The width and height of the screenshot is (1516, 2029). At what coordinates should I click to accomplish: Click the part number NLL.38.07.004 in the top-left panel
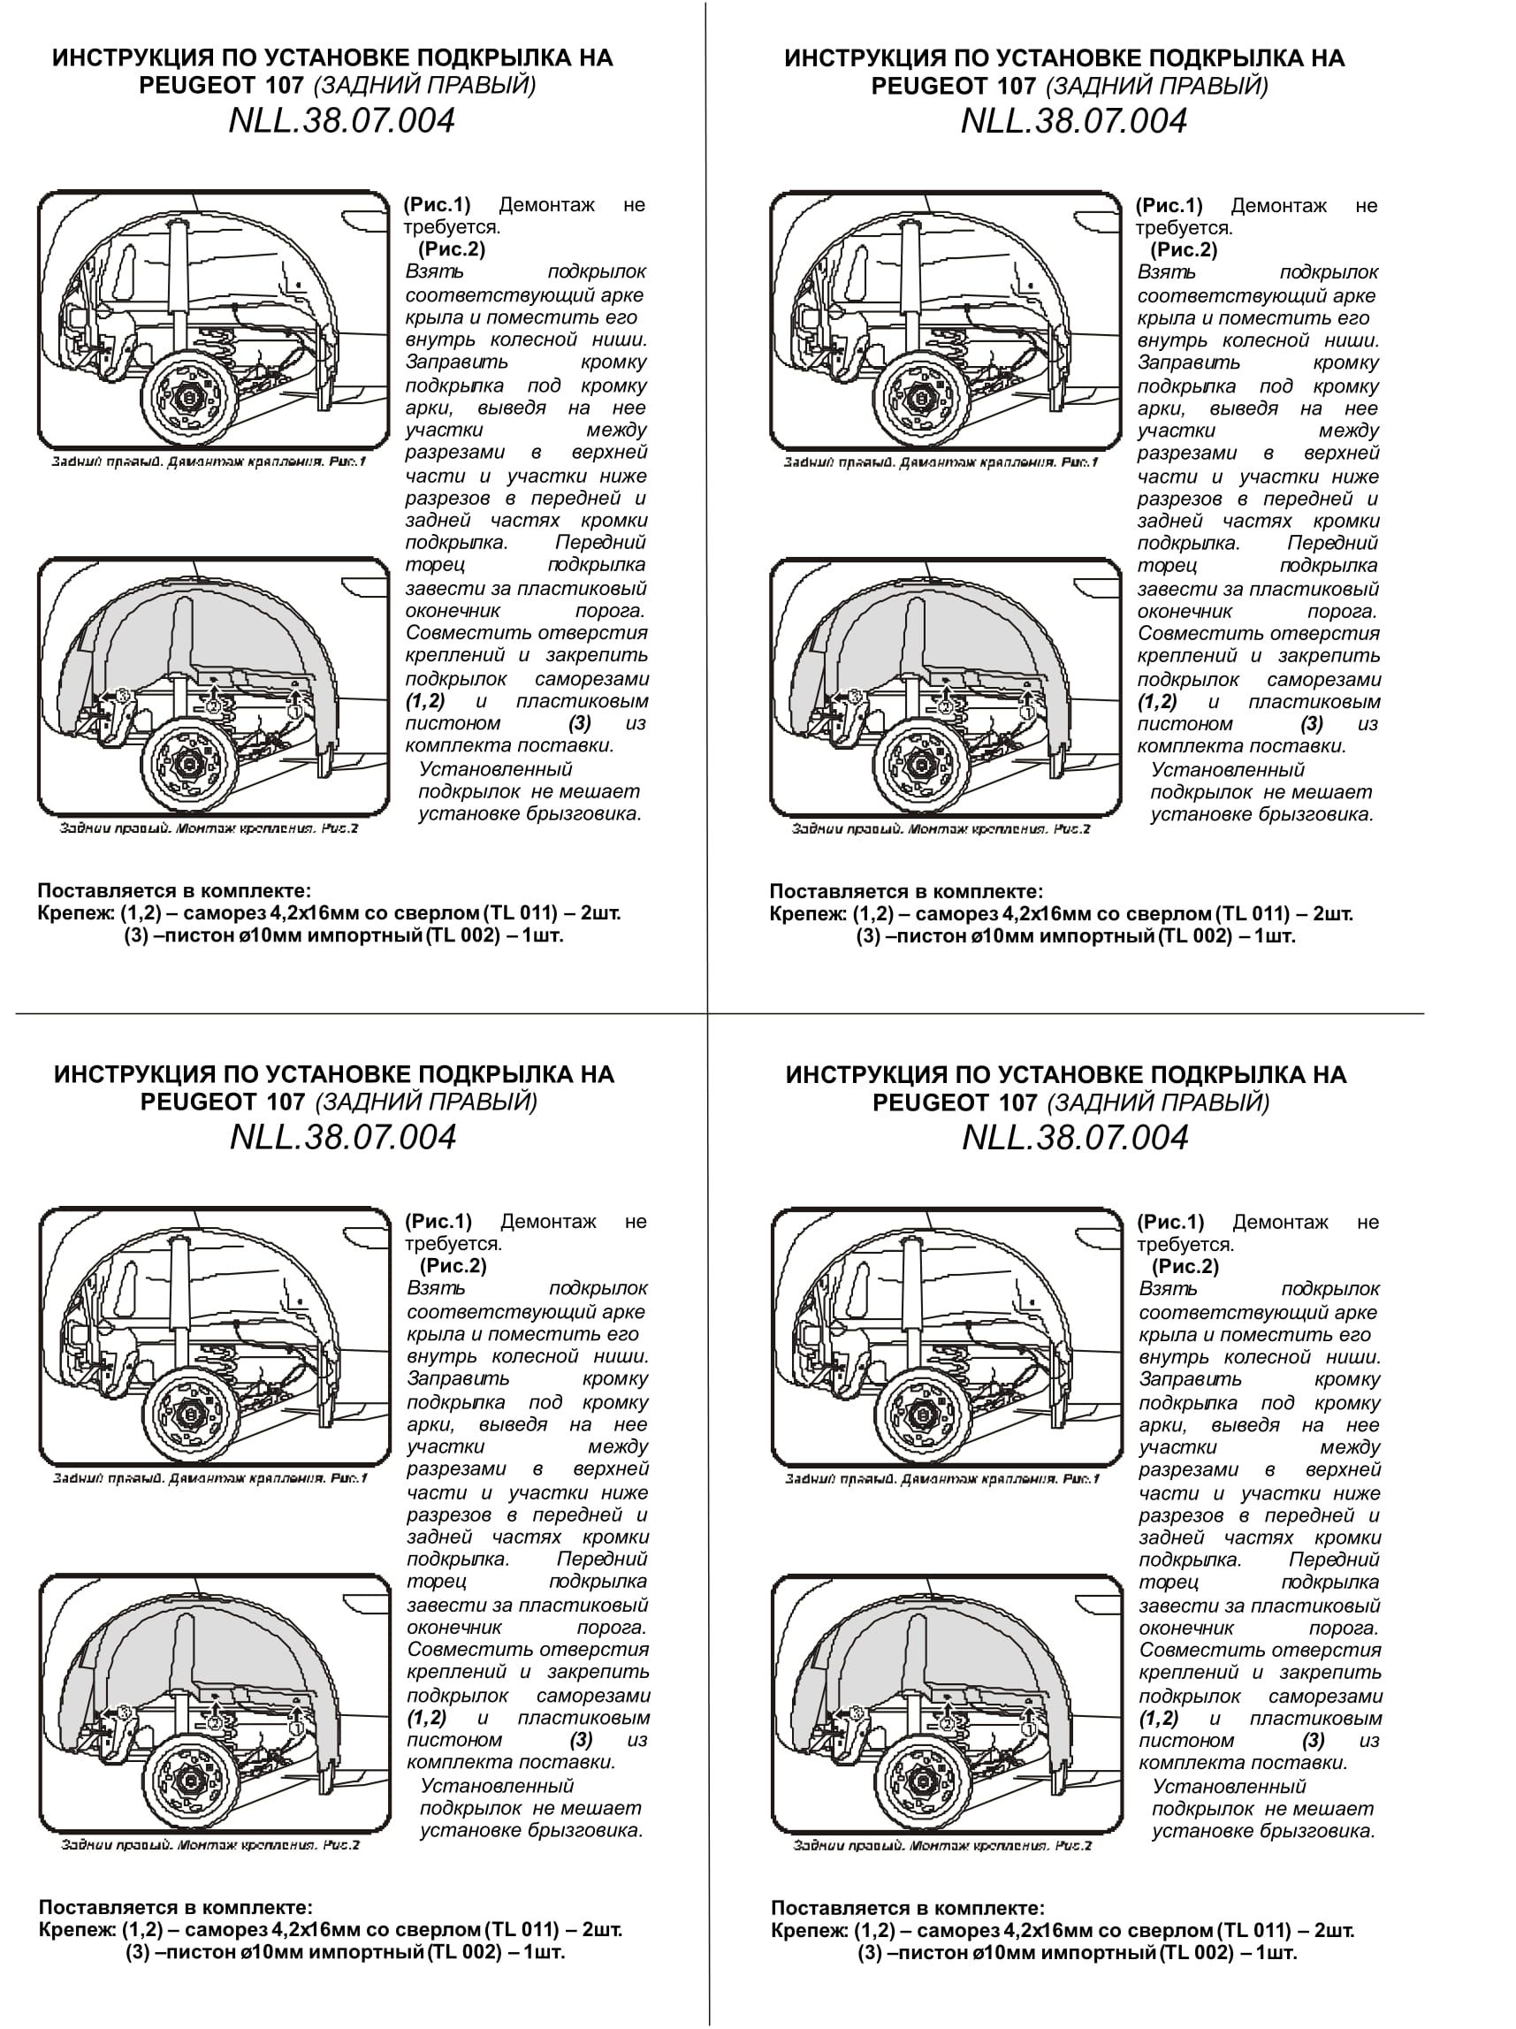click(x=341, y=121)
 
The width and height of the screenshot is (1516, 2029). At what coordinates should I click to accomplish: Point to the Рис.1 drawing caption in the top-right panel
click(x=940, y=462)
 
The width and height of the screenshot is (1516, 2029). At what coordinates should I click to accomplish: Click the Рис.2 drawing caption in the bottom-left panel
click(x=209, y=1844)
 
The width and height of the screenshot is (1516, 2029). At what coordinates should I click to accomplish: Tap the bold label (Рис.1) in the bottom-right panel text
click(x=1170, y=1222)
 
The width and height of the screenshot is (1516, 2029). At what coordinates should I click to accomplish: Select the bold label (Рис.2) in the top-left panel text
click(x=451, y=249)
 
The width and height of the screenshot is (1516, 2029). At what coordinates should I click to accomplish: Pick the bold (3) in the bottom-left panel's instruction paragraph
click(x=582, y=1739)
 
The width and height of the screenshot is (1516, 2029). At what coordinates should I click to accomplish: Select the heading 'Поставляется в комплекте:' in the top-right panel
click(x=906, y=890)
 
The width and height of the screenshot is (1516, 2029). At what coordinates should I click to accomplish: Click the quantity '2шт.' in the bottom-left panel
click(x=602, y=1929)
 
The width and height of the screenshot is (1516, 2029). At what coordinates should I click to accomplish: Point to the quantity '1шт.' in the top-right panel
click(x=1275, y=936)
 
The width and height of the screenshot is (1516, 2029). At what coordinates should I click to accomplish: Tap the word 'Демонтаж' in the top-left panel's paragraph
click(x=546, y=204)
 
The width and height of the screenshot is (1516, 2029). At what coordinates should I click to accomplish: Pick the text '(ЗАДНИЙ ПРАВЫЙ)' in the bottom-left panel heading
click(x=426, y=1102)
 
